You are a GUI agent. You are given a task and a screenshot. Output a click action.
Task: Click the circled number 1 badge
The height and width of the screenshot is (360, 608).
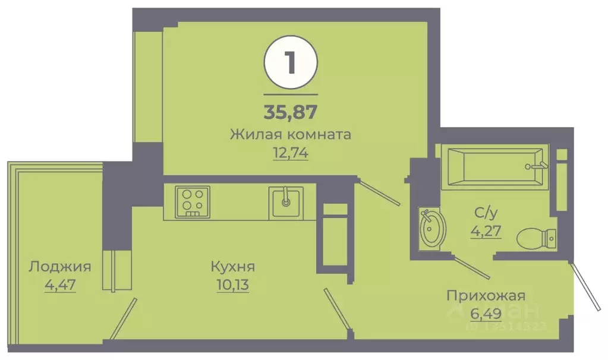pyautogui.click(x=291, y=63)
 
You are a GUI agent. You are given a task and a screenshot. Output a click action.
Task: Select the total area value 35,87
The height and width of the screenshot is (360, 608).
pyautogui.click(x=291, y=111)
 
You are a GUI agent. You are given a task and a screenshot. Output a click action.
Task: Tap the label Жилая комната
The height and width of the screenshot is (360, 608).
pyautogui.click(x=291, y=134)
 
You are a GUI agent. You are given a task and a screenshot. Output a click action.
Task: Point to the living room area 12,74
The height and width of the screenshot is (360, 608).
pyautogui.click(x=291, y=152)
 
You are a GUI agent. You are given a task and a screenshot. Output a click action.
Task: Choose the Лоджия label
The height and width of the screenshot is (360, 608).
pyautogui.click(x=60, y=266)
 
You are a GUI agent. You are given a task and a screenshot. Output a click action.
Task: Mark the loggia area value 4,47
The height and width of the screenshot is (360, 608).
pyautogui.click(x=60, y=285)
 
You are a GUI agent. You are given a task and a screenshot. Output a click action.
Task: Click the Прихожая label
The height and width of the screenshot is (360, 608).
pyautogui.click(x=486, y=295)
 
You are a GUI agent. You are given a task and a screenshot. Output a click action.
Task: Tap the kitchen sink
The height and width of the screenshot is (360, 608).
pyautogui.click(x=286, y=201)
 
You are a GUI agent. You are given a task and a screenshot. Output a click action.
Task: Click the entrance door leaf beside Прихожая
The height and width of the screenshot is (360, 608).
pyautogui.click(x=585, y=286)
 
